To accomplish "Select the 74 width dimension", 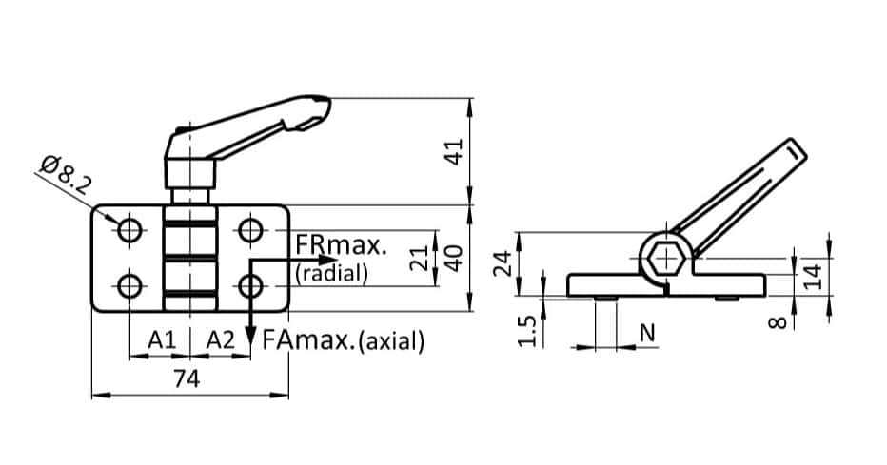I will click(x=187, y=379).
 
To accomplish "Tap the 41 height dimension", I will click(x=455, y=150).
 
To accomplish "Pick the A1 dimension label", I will click(x=161, y=339).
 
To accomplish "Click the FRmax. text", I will click(x=341, y=245).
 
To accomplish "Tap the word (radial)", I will click(x=331, y=274).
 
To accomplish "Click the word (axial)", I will click(x=391, y=340).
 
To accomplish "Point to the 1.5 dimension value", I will click(x=531, y=331).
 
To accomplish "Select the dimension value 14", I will click(x=811, y=276).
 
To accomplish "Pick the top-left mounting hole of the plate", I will click(x=130, y=230).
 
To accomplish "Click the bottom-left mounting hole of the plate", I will click(x=130, y=285).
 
